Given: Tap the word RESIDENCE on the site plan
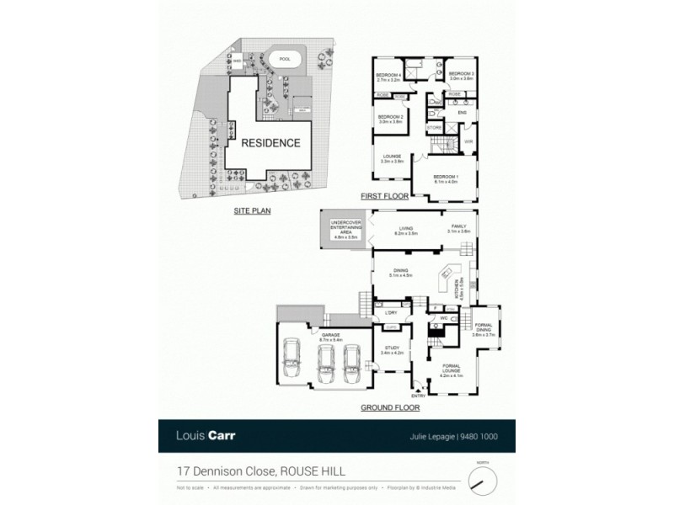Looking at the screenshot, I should click(x=270, y=142).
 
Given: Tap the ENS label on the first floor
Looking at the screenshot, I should click(x=461, y=113).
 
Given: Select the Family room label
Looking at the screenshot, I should click(x=458, y=228).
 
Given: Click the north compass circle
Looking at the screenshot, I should click(x=483, y=480).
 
